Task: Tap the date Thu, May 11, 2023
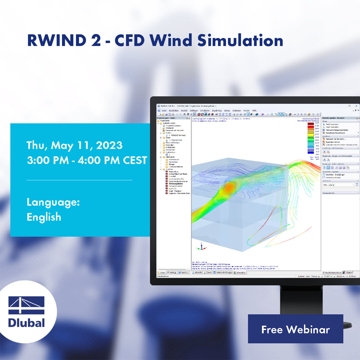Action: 74,145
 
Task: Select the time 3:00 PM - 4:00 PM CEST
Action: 87,160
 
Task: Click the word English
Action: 44,217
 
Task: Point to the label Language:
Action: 53,202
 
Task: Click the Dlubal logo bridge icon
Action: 27,305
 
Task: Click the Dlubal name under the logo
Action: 27,323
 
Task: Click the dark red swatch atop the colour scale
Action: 310,123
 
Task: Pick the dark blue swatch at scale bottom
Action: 310,152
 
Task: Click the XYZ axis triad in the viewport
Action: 201,247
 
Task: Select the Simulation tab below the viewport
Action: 240,272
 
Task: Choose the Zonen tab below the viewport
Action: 208,272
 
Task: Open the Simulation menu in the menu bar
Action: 205,110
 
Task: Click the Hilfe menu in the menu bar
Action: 254,110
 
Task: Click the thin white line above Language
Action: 79,180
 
